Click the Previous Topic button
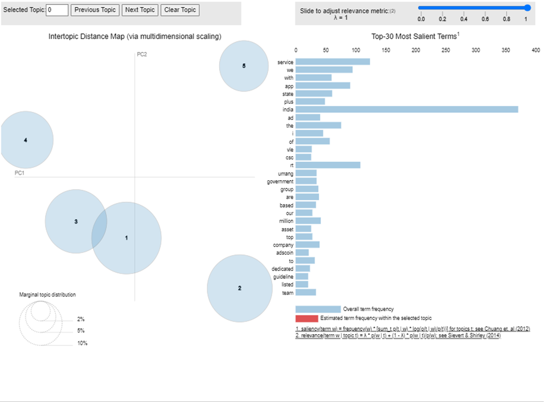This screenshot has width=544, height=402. click(95, 10)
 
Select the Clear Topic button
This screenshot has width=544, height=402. click(180, 10)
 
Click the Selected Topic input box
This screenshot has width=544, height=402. click(57, 10)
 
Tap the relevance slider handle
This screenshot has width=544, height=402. click(527, 7)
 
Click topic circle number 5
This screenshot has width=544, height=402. click(244, 66)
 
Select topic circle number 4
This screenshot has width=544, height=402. click(25, 140)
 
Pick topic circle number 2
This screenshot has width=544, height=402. click(240, 288)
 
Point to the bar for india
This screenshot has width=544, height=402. click(407, 109)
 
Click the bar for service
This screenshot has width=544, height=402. click(333, 61)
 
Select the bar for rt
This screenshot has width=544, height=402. click(328, 165)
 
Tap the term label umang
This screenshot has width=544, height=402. click(285, 173)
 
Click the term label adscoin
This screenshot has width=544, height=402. click(284, 253)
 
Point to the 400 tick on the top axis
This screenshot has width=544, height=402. click(536, 50)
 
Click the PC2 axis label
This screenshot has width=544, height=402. click(142, 54)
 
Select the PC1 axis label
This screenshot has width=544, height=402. click(20, 173)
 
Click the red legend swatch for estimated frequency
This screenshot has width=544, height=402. click(306, 318)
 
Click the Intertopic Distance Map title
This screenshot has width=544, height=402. click(135, 36)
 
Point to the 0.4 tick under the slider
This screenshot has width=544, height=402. click(464, 19)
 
